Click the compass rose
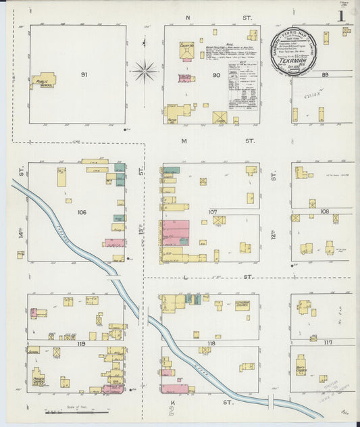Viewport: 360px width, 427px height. point(144,70)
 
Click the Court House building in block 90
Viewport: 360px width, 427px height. point(186,51)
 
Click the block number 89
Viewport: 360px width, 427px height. point(326,75)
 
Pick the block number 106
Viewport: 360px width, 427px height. point(82,212)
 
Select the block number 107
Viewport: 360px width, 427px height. point(212,212)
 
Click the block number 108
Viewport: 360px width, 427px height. point(325,211)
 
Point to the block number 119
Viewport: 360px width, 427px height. point(81,343)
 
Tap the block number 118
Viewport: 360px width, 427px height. point(211,343)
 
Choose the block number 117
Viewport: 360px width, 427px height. point(328,343)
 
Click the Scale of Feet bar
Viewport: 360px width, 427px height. point(76,411)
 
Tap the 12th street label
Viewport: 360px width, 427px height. point(274,235)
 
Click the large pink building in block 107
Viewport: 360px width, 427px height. point(175,232)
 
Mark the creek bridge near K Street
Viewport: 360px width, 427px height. point(270,401)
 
